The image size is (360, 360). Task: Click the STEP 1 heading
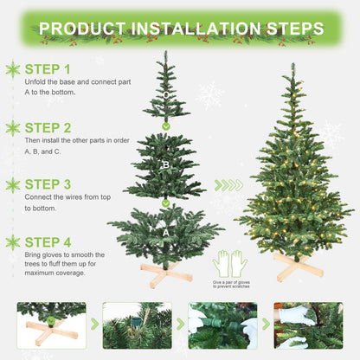48,68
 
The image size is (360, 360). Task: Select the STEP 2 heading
48,126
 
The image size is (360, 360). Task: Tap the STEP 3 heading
48,184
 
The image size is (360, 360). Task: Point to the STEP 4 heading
48,241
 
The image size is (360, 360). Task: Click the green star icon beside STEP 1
13,69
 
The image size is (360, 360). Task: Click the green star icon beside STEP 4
13,242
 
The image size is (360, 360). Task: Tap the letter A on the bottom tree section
166,231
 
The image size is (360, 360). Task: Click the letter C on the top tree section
166,95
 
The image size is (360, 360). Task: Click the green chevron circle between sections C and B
166,125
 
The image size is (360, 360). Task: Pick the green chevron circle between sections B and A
166,202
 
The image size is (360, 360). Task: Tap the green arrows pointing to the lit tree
228,185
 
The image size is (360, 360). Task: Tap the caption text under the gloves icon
231,285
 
